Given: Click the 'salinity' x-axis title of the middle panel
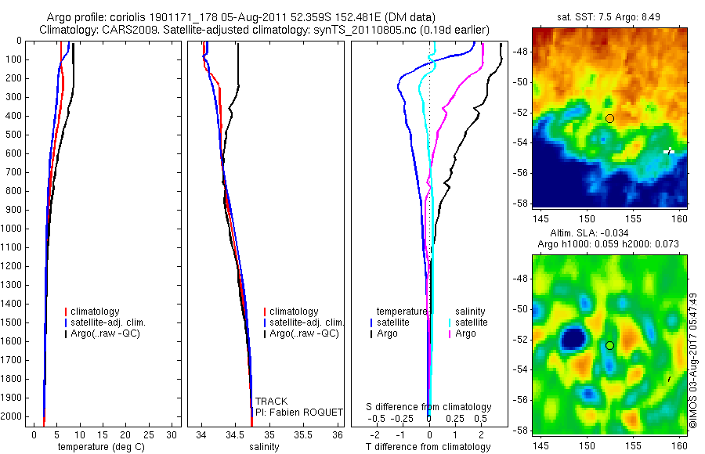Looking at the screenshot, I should [264, 447].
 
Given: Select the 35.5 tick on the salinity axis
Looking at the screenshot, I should [303, 434].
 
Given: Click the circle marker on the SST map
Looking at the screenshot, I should [609, 118].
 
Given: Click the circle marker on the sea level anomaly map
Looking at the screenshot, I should [609, 345].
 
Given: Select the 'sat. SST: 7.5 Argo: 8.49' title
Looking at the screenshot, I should [609, 17].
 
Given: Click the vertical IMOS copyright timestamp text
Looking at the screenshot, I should [692, 360].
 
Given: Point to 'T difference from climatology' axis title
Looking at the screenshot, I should [428, 447].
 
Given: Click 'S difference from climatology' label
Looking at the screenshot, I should [429, 407].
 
